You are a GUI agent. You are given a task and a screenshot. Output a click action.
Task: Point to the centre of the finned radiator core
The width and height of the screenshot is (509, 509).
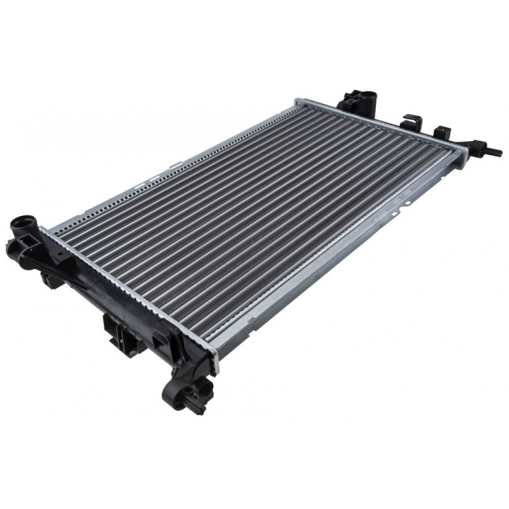[254, 225]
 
